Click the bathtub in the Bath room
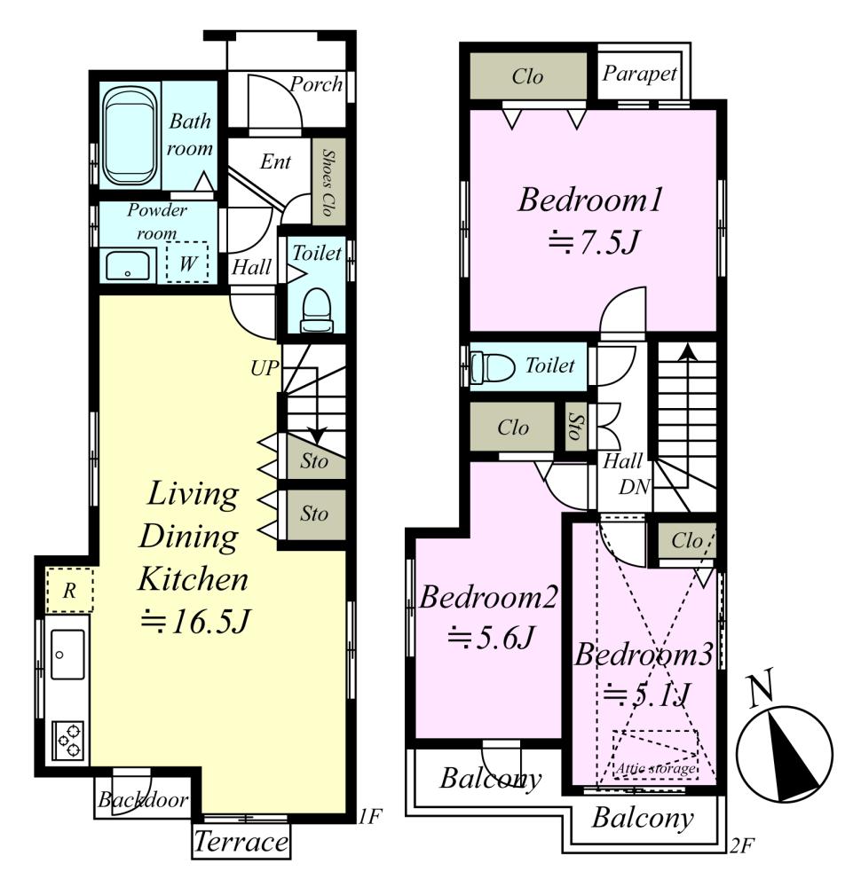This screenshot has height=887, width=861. (130, 136)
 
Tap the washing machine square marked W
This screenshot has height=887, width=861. (187, 263)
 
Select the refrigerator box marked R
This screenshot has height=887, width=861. (69, 590)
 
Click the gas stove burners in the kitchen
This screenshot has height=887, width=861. (68, 741)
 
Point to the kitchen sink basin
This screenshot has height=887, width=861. (67, 655)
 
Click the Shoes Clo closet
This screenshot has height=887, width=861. (328, 182)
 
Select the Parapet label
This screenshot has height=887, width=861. (639, 73)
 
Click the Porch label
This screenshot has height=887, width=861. (316, 84)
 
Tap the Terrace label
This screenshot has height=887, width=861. (241, 842)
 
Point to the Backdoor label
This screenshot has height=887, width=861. (143, 799)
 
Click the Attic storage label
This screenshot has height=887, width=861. (656, 768)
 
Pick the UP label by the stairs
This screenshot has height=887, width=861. (265, 368)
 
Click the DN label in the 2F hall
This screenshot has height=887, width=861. (634, 486)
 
